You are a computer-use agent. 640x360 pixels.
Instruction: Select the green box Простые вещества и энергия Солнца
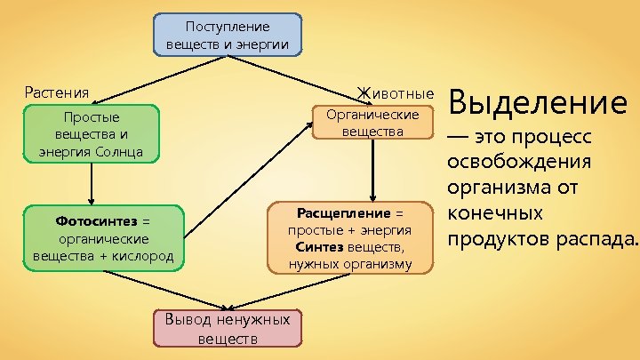[x=91, y=134]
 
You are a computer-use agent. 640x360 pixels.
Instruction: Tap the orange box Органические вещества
[x=372, y=124]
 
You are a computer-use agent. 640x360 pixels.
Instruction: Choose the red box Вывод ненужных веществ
[x=228, y=328]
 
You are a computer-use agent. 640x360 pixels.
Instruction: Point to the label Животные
[x=395, y=92]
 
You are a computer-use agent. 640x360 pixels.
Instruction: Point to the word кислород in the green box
[x=146, y=256]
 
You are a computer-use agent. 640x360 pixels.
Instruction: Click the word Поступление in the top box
[x=228, y=28]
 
